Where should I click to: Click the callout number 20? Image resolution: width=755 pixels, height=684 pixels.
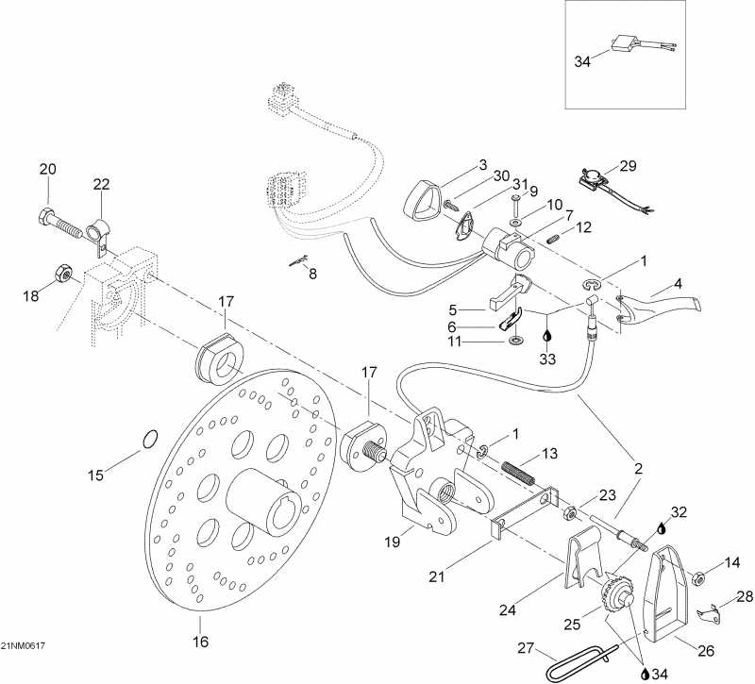(x=47, y=169)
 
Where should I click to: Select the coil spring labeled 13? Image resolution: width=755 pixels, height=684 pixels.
(x=519, y=469)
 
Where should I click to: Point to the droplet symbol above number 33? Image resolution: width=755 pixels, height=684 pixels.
(x=547, y=334)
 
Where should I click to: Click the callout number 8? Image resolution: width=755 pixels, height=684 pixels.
(x=313, y=275)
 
